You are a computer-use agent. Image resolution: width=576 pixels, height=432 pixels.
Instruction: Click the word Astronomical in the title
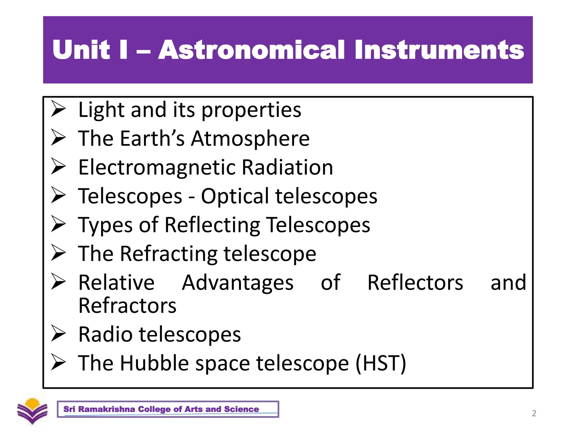[x=251, y=50]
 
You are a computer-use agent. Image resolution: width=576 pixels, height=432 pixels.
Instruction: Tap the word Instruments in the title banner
[x=439, y=50]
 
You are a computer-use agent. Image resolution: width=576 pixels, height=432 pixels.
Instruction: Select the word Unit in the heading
[x=81, y=50]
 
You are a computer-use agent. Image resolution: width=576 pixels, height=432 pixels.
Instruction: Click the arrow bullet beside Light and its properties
[x=58, y=109]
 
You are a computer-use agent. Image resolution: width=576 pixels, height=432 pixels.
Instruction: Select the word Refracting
[x=168, y=254]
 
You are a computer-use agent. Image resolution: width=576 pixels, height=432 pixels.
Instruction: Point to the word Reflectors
[x=415, y=283]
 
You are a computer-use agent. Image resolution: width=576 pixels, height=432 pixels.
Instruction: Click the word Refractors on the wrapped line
[x=127, y=306]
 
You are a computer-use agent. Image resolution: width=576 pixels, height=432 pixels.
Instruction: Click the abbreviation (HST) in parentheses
[x=381, y=363]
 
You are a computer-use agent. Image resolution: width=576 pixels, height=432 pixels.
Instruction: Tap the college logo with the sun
[x=32, y=411]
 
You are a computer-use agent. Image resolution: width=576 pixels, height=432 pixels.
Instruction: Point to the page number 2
[x=534, y=413]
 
